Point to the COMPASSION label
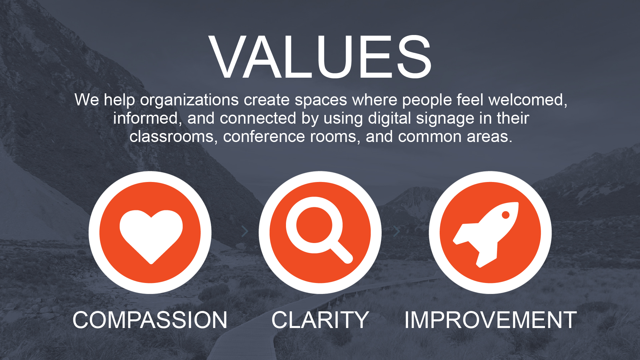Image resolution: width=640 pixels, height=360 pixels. point(150,320)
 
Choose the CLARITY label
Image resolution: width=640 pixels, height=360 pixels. point(320,320)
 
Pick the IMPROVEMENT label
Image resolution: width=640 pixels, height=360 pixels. point(490,320)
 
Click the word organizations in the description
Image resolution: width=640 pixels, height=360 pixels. point(189,100)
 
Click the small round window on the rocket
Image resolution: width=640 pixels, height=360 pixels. point(505,215)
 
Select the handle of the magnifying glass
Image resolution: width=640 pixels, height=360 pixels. point(341,252)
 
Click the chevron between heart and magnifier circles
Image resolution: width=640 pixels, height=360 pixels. point(245,231)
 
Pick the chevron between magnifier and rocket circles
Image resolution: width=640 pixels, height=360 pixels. point(396,231)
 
